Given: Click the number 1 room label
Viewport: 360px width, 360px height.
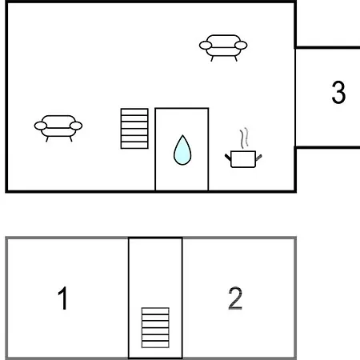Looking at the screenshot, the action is coord(63,298).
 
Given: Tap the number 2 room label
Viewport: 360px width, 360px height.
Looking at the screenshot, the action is coord(235,298).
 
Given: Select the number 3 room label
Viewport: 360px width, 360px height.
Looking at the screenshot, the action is coord(338,92).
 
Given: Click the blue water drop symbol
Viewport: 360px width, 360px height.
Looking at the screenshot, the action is coord(182,150).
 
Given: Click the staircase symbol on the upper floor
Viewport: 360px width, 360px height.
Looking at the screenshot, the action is coord(134,129).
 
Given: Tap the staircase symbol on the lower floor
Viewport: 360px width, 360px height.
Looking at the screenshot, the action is coord(155,328).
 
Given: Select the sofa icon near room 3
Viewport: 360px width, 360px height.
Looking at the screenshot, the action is coord(223,48).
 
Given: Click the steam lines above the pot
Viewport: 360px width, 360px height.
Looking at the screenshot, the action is coord(244,138).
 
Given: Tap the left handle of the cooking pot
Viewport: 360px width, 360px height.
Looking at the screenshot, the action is coord(228,158).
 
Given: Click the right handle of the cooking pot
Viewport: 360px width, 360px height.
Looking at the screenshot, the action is coord(258,158).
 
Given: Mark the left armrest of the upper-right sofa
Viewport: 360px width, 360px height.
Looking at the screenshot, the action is coord(206,46).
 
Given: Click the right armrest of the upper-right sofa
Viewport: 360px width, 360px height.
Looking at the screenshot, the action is coord(241,46).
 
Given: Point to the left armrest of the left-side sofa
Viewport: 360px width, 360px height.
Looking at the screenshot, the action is coord(41,126).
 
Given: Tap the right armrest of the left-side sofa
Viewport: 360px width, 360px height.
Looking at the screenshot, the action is coord(76,126).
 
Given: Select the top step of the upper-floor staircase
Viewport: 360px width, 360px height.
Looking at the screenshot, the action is coord(134,112).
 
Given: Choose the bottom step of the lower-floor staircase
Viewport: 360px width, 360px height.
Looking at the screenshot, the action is coord(155,344).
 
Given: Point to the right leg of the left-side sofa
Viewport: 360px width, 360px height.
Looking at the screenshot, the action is coord(71,139).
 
